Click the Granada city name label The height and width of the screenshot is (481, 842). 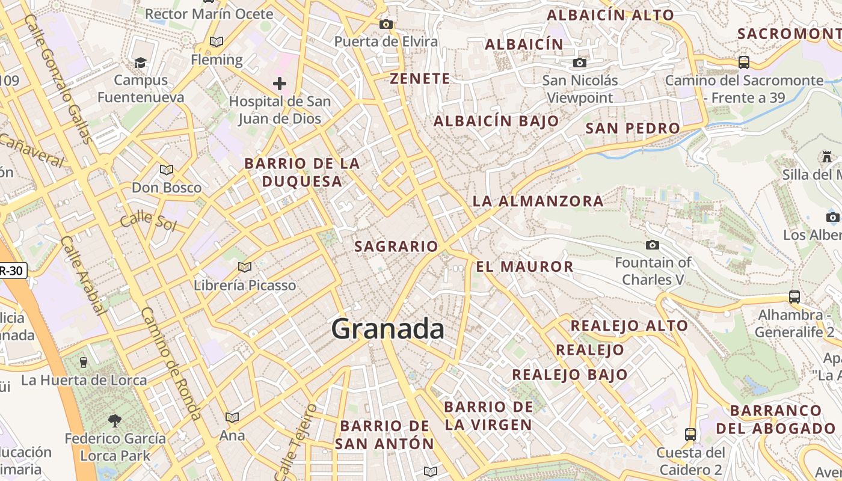pos(388,329)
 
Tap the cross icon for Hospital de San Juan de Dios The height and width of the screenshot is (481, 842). pos(280,84)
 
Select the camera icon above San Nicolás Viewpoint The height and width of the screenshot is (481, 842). pos(580,63)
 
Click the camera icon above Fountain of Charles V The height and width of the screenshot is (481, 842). pos(653,245)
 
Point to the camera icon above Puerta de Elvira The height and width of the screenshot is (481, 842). pos(386,24)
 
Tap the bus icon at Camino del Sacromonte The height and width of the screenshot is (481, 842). pos(744,62)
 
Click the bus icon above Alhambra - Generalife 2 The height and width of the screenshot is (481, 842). pos(794,296)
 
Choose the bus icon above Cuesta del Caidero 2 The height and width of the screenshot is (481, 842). pos(690,434)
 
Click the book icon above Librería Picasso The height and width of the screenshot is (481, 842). pos(245,267)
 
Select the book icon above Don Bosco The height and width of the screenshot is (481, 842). pos(167,170)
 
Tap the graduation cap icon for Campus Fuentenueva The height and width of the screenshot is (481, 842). pos(141,63)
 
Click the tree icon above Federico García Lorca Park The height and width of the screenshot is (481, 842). pos(115,420)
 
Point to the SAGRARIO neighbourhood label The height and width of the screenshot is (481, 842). pos(396,247)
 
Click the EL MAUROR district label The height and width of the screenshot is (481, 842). pos(525,266)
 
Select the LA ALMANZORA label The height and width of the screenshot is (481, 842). pos(538,201)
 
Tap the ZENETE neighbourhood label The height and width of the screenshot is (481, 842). pos(420,79)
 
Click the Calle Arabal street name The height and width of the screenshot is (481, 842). pos(83,275)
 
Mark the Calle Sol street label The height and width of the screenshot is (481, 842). pos(148,221)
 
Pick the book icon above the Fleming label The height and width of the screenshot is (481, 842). pos(217,41)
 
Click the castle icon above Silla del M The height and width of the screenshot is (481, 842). pos(827,157)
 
